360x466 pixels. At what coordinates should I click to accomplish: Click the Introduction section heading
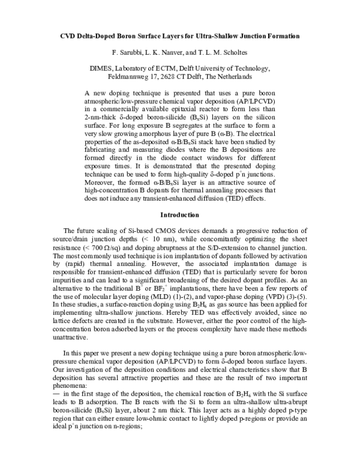pyautogui.click(x=180, y=214)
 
